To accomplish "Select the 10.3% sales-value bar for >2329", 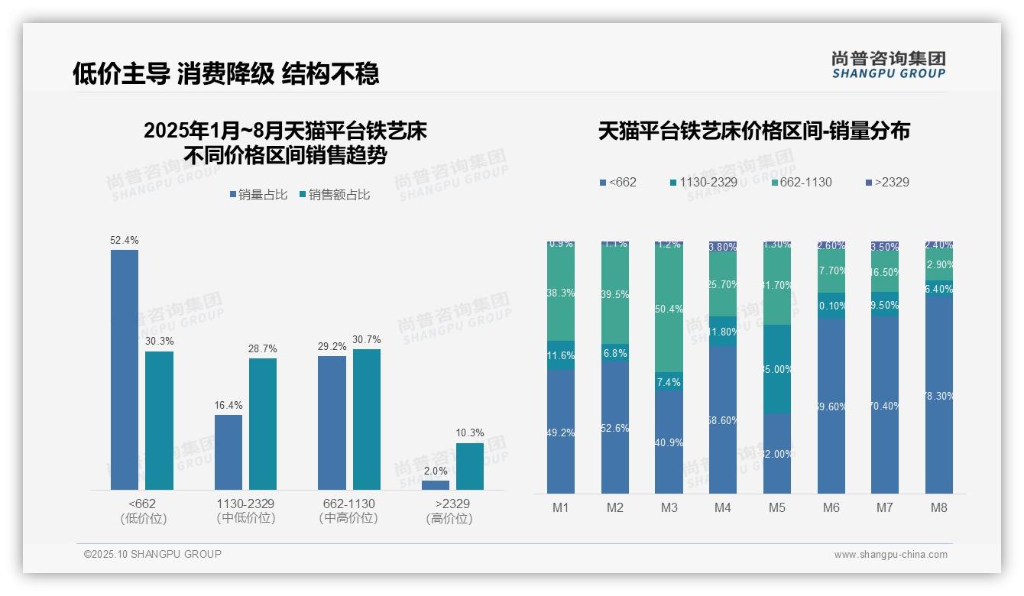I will (x=470, y=466).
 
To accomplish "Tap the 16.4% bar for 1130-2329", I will (x=228, y=452).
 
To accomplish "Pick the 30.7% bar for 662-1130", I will (x=367, y=419).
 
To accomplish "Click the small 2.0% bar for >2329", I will (x=436, y=484).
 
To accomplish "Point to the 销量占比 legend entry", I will (x=258, y=195).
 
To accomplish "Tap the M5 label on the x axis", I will (x=777, y=507).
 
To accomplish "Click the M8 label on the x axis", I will (x=939, y=507).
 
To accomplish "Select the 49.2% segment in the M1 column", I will (x=561, y=432).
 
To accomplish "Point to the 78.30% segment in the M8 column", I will (x=939, y=395).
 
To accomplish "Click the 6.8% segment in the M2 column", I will (x=615, y=353).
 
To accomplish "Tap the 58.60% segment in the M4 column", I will (x=723, y=419).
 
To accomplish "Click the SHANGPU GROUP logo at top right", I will (x=888, y=64).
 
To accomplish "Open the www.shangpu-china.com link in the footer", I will (x=890, y=555).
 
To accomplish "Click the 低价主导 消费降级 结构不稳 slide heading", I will (x=225, y=73).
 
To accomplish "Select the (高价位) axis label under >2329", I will (x=449, y=518).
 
